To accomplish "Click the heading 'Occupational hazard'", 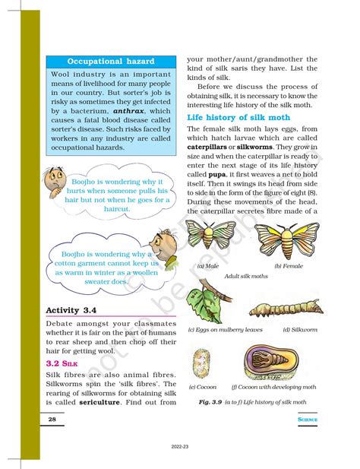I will point(111,60).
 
